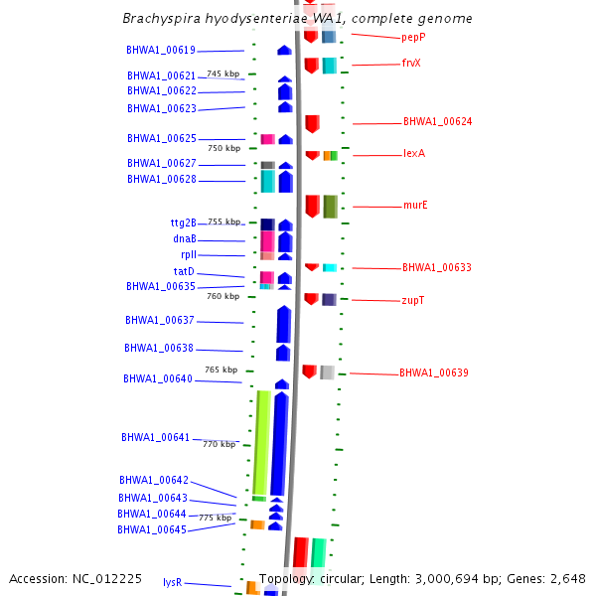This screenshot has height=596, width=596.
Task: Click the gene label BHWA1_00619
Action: (161, 50)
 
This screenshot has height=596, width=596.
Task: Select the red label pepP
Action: (413, 37)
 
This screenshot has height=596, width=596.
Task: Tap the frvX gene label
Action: (411, 63)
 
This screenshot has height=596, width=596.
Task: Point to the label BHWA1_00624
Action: (437, 122)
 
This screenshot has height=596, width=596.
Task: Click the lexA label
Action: (413, 153)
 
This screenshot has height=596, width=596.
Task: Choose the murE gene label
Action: (415, 206)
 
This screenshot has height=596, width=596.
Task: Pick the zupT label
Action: (413, 299)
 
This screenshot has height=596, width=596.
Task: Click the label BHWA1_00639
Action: (434, 373)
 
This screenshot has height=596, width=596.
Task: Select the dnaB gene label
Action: (185, 238)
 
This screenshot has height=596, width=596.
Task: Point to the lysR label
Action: (172, 583)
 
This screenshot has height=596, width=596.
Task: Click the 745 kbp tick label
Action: (223, 74)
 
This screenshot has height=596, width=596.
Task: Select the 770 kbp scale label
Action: (219, 444)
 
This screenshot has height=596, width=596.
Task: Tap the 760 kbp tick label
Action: (223, 296)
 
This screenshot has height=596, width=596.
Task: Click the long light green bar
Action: (261, 442)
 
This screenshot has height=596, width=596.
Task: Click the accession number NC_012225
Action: (75, 578)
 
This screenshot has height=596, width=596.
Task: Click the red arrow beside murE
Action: (312, 206)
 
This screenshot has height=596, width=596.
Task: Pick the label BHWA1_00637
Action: (160, 321)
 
